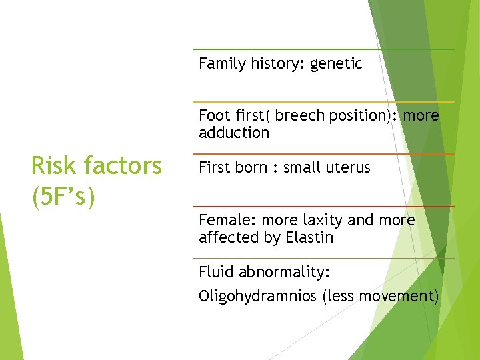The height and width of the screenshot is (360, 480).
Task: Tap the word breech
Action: tap(297, 116)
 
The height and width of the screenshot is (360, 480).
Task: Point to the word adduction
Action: tap(234, 133)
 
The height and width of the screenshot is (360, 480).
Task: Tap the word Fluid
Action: tap(216, 273)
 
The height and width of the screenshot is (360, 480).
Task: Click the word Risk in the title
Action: tap(52, 165)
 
